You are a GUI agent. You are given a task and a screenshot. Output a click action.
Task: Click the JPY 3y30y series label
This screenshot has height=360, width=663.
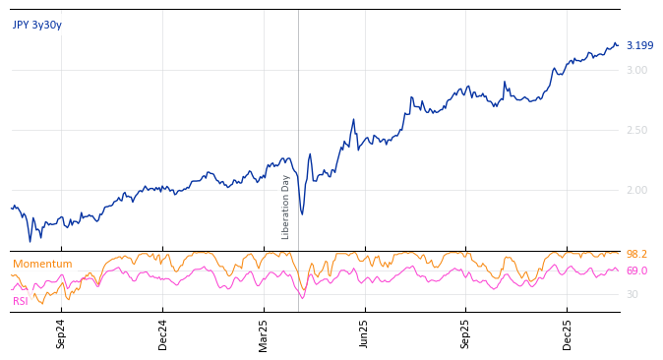pos(37,26)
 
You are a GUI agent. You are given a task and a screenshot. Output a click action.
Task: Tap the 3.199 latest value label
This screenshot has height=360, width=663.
pos(639,46)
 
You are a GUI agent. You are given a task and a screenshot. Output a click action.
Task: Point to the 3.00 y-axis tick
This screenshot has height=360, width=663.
pos(636,71)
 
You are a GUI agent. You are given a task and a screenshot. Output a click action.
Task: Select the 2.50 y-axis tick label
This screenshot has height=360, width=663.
pos(636,131)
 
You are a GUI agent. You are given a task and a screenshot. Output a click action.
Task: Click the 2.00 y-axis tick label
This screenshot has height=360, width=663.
pos(636,191)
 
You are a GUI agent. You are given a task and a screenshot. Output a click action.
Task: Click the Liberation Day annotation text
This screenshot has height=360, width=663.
pos(286,207)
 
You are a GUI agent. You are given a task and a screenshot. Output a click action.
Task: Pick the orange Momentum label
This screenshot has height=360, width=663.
pos(42,265)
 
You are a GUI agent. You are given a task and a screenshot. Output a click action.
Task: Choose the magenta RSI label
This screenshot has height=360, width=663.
pos(21,302)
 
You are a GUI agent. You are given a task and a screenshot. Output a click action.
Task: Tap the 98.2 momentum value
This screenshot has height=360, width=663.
pos(636,255)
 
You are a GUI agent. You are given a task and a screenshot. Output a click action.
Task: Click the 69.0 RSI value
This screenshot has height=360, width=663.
pos(636,271)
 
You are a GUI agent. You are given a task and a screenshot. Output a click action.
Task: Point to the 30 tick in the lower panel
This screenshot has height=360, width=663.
pos(632,295)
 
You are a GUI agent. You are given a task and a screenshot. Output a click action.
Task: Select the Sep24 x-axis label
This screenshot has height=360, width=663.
pos(61,333)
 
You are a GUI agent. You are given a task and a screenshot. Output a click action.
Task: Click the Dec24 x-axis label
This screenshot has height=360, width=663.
pos(162,333)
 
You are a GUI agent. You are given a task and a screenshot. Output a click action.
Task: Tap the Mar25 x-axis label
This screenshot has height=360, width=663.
pos(264,333)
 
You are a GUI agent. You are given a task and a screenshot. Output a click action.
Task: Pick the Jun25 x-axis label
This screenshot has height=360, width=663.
pos(365,333)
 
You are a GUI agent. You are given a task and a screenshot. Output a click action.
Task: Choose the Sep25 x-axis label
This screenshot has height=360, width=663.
pos(466,333)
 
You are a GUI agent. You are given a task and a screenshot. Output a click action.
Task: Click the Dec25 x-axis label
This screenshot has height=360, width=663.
pos(568,333)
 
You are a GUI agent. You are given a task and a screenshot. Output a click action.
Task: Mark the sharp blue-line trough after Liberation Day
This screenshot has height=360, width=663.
pos(302,214)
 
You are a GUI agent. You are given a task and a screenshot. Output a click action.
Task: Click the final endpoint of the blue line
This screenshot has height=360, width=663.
pos(618,45)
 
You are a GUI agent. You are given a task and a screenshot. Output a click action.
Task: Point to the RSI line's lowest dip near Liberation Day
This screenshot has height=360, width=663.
pos(302,297)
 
